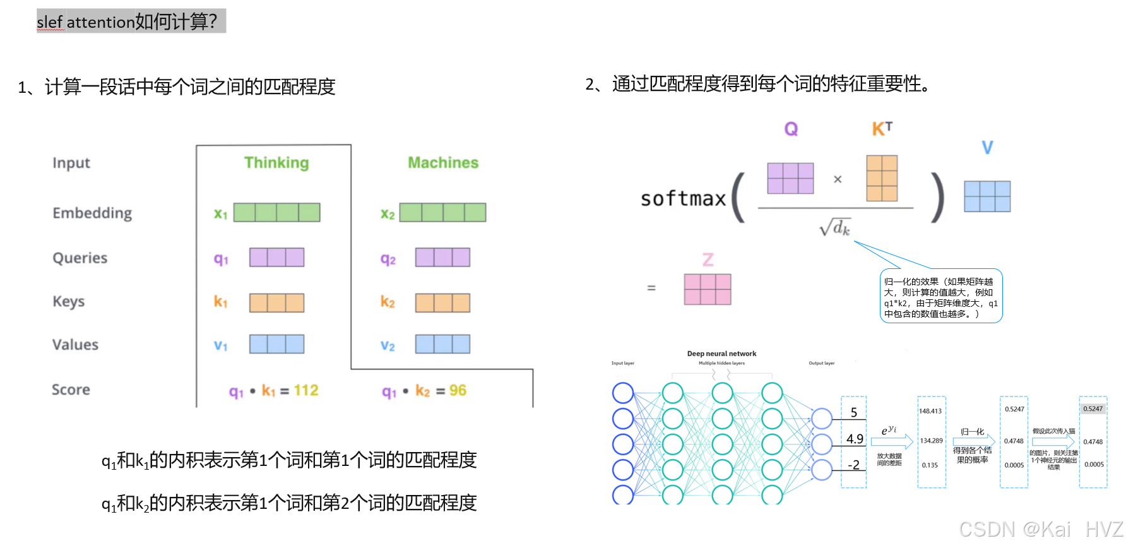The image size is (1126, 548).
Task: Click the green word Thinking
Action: coord(276,163)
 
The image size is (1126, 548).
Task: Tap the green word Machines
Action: coord(443,163)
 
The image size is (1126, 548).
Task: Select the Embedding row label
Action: coord(92,213)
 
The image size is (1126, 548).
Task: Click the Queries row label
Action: coord(80,258)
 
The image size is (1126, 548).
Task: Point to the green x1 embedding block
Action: coord(276,212)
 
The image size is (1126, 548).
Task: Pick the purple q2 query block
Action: coord(442,258)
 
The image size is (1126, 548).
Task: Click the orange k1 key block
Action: coord(276,303)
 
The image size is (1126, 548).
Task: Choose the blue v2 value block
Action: coord(442,344)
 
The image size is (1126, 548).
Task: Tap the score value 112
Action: coord(306,391)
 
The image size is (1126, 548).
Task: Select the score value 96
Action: coord(458,391)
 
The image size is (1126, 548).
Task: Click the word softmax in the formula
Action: coord(683,199)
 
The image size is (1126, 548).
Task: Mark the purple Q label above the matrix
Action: coord(791,129)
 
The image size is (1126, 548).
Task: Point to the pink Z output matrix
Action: coord(708,289)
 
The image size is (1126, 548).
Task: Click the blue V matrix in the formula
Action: coord(987,196)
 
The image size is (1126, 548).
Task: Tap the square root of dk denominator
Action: coord(835,227)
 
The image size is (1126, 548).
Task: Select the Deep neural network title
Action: coord(721,354)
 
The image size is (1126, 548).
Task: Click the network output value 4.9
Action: coord(855,439)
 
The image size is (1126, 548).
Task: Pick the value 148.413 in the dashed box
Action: coord(930,411)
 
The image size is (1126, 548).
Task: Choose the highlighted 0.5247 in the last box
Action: coord(1093,409)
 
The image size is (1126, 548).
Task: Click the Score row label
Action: coord(71,390)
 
